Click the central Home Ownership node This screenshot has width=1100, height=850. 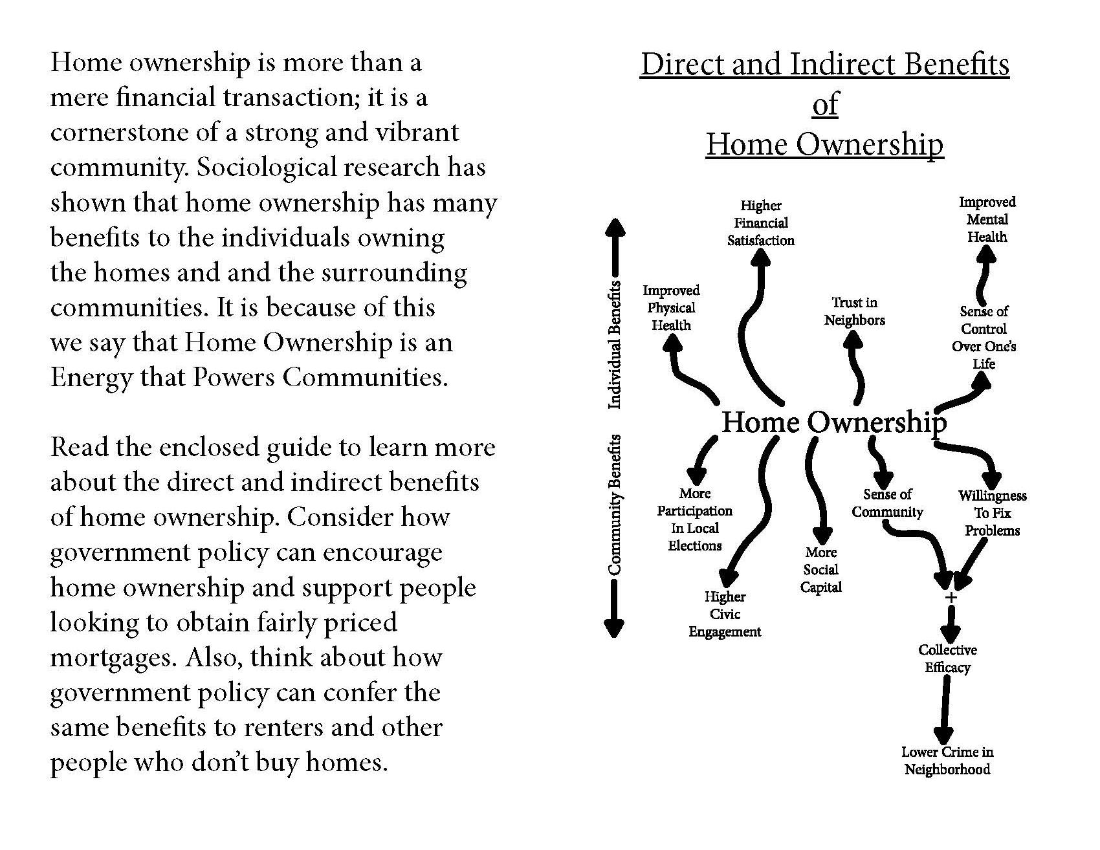point(833,422)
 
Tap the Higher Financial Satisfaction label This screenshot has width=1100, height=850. point(760,223)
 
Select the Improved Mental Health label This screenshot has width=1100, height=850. point(987,220)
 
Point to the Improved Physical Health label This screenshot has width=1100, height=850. point(671,308)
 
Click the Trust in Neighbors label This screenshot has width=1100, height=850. point(854,311)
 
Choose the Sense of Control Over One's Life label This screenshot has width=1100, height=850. point(984,337)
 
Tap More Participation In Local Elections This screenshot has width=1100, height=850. point(694,519)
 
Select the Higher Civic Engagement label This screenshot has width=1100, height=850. point(725,614)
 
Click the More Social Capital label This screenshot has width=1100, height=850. point(820,570)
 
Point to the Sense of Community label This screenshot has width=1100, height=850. point(887,503)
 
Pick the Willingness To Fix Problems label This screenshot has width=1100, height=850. point(992,513)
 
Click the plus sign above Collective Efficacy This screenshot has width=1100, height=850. point(951,598)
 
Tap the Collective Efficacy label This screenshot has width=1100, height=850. point(947,659)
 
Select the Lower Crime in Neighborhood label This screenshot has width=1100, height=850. point(947,761)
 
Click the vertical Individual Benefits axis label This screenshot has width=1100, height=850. point(615,344)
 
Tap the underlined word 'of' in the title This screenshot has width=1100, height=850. point(824,104)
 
